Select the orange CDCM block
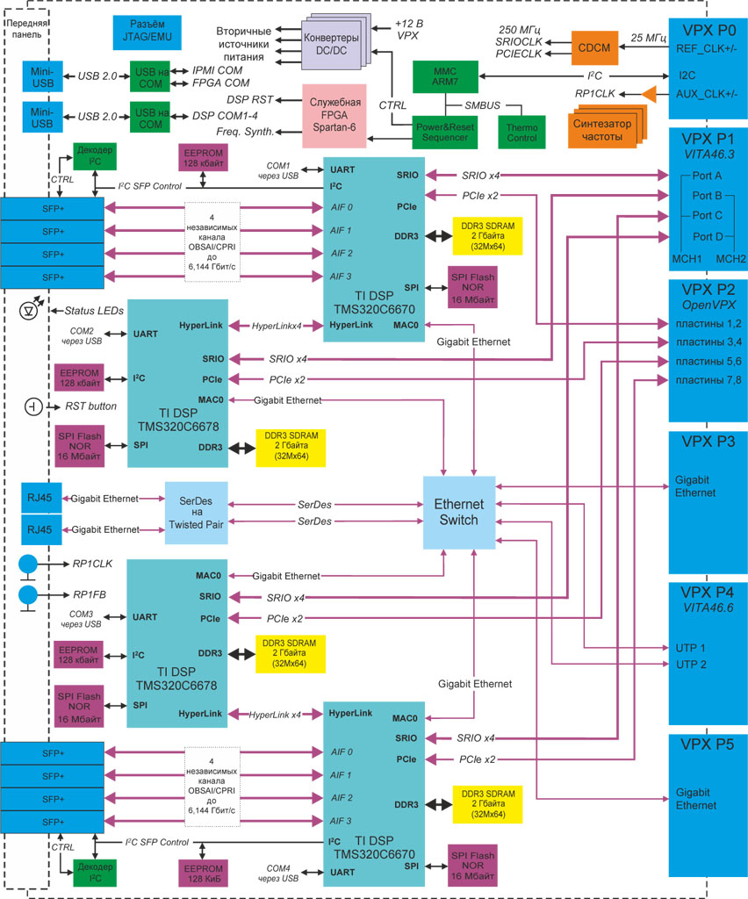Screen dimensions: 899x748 point(593,47)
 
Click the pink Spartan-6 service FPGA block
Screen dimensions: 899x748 point(333,111)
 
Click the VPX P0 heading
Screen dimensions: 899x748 point(707,29)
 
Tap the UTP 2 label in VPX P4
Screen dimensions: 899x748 point(690,664)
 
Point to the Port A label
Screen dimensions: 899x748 point(707,176)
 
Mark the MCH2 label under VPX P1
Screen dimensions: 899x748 point(730,258)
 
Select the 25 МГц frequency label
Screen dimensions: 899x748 point(648,39)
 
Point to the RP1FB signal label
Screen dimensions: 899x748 point(90,594)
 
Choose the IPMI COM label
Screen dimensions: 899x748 point(219,69)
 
